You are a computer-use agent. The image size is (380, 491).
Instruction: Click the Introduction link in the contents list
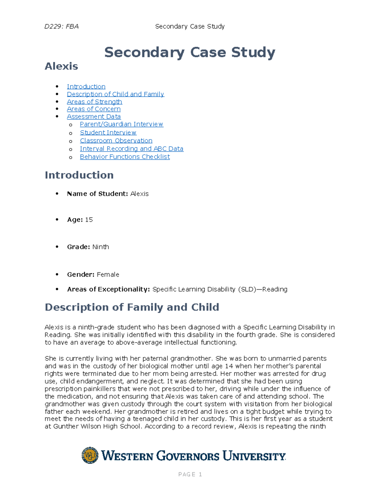(86, 87)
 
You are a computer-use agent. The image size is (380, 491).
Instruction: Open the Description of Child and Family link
(115, 94)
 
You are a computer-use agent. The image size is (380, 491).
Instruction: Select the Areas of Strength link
(94, 102)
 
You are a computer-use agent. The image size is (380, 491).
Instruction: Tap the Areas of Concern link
(94, 109)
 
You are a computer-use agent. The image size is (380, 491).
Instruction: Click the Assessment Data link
(94, 117)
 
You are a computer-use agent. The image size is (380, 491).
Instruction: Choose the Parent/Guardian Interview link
(121, 124)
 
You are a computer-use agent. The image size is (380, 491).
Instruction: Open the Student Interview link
(108, 133)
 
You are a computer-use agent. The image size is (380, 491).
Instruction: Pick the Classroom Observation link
(116, 141)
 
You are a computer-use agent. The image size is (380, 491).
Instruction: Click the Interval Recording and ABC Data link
(131, 149)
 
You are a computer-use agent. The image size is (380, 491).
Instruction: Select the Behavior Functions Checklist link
(125, 157)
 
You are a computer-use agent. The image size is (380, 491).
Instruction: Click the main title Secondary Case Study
(190, 52)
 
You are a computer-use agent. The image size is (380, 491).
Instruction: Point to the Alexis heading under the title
(61, 66)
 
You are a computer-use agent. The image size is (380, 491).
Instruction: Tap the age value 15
(89, 220)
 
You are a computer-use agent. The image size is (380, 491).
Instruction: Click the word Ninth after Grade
(101, 247)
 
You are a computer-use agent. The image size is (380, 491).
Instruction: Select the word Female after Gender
(108, 275)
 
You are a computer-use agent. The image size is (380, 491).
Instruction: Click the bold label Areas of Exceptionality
(108, 289)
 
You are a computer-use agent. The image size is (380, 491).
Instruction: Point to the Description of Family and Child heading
(132, 307)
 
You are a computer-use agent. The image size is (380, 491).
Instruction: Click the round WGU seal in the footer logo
(90, 455)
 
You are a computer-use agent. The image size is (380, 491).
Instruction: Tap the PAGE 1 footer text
(190, 474)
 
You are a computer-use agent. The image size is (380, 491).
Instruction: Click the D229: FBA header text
(61, 27)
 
